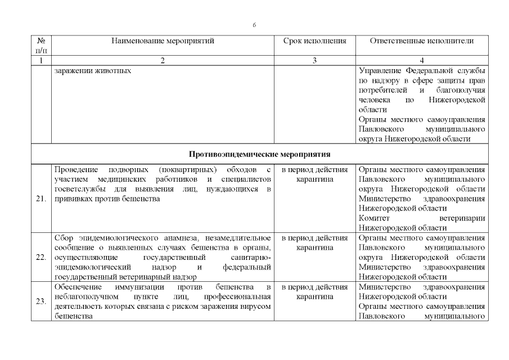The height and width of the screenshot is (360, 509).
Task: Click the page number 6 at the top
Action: (x=254, y=25)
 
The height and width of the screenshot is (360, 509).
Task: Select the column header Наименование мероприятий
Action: (x=163, y=41)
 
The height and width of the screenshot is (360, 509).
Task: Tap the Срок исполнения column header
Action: (x=314, y=41)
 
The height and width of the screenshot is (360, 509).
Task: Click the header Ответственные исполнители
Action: (x=422, y=41)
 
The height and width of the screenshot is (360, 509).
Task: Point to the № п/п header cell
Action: (x=41, y=46)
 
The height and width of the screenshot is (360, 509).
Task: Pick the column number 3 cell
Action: (x=314, y=61)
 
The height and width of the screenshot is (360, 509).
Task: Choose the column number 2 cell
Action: (x=163, y=61)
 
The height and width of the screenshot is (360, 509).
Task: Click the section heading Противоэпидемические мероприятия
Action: (x=259, y=154)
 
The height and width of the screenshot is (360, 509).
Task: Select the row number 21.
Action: (x=41, y=199)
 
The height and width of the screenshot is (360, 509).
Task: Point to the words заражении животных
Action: (x=93, y=71)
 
